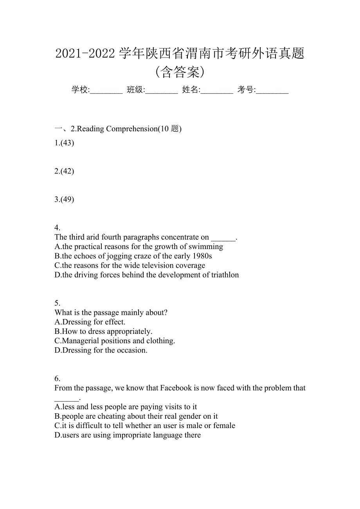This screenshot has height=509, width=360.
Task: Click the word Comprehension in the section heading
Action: click(131, 129)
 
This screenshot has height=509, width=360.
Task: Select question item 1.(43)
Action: click(64, 143)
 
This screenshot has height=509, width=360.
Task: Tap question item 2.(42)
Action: click(64, 171)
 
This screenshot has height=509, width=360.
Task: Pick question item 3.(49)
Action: click(64, 199)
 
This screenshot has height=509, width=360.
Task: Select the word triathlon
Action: click(225, 275)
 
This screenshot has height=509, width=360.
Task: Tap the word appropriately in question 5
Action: click(129, 332)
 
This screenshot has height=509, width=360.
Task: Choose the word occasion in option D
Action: click(133, 350)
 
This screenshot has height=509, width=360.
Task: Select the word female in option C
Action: click(224, 426)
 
